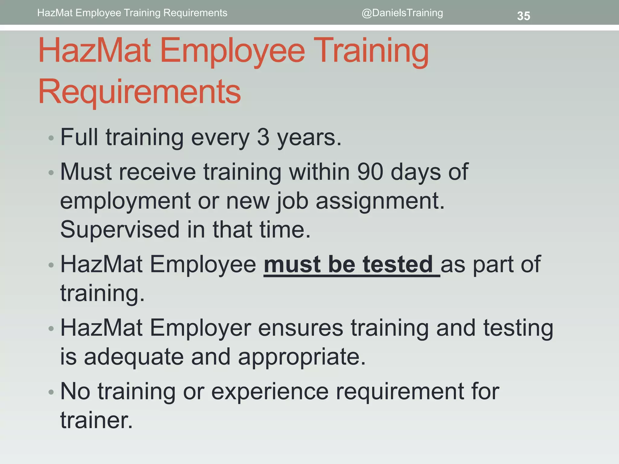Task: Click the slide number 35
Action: coord(523,16)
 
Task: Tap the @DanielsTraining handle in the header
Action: coord(402,13)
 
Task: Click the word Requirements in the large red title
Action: coord(140,91)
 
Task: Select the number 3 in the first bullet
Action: coord(263,137)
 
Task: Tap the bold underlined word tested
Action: coord(398,264)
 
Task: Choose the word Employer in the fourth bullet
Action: coord(200,328)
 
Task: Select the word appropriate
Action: coord(302,357)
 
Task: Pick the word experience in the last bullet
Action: coord(270,391)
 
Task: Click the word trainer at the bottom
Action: coord(96,420)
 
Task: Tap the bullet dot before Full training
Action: coord(51,138)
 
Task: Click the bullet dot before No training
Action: coord(51,392)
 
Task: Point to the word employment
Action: coord(125,201)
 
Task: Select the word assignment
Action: coord(380,201)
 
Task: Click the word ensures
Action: coord(300,328)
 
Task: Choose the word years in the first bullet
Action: coord(309,138)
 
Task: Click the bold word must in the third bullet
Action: coord(292,264)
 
